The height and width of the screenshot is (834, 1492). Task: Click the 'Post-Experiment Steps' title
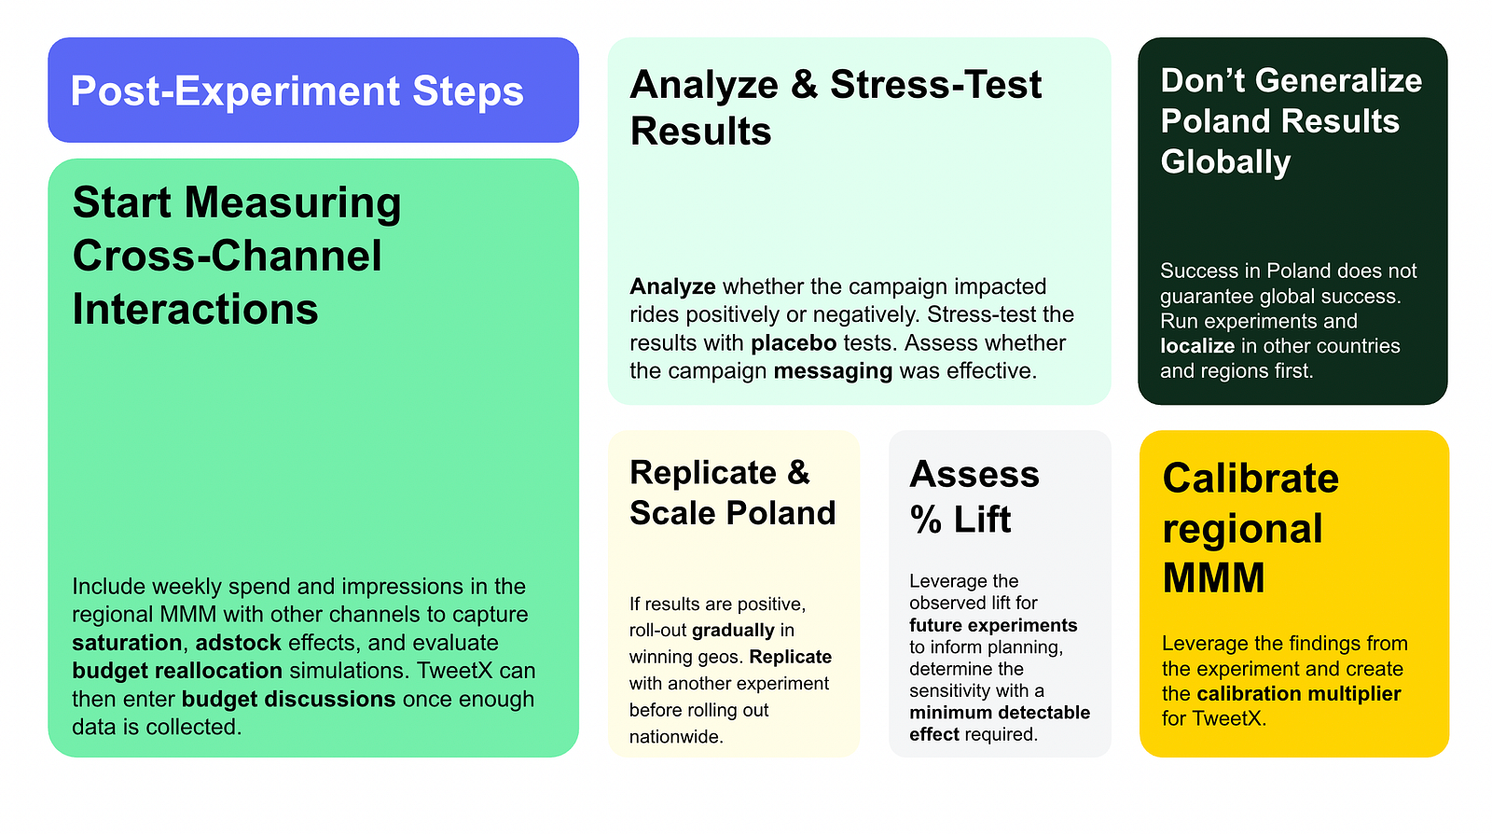coord(297,91)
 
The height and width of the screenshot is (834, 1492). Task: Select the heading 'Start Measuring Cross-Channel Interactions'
coord(237,256)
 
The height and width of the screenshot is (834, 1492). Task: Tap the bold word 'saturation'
coord(127,643)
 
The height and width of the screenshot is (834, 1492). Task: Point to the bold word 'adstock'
coord(238,643)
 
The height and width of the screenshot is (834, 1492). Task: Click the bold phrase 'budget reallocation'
coord(177,671)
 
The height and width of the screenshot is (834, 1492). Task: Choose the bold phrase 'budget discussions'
coord(288,699)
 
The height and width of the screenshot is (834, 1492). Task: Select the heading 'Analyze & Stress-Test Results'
coord(836,107)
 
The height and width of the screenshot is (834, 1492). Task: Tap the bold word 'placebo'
coord(794,343)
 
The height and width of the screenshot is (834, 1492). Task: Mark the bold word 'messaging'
coord(833,371)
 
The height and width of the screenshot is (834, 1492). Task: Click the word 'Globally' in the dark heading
coord(1225,162)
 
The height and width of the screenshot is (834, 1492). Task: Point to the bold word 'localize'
coord(1197,346)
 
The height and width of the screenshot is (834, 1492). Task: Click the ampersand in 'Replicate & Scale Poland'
coord(798,472)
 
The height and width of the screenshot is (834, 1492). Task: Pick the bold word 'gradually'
coord(733,631)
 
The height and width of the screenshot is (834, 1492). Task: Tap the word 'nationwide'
coord(674,737)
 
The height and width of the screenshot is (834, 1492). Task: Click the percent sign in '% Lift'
coord(926,520)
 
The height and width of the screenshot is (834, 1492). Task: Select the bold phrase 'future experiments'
coord(993,625)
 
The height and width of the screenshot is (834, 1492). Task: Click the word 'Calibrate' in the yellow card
coord(1250,479)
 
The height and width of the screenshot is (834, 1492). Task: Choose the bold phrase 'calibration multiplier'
coord(1298,694)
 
